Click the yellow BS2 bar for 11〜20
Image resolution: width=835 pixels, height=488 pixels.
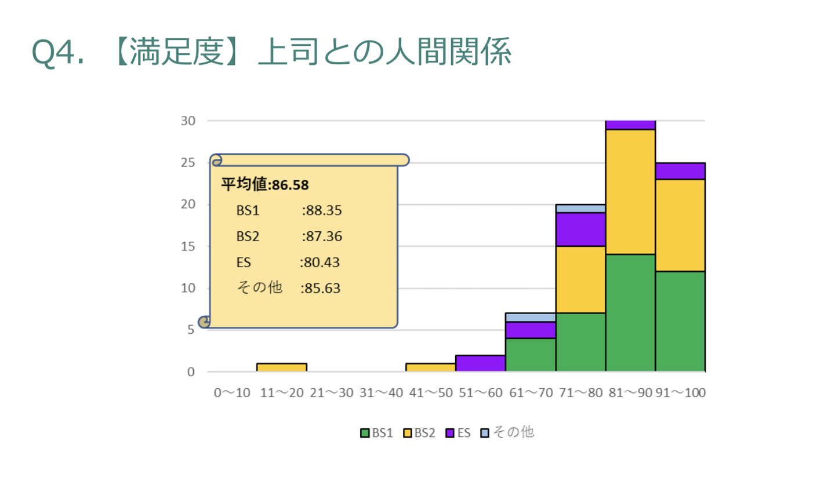click(282, 367)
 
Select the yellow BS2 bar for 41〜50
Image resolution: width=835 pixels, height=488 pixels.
click(431, 367)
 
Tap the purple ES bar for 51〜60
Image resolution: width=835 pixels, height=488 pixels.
click(481, 363)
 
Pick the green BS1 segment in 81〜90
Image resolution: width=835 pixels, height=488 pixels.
click(630, 313)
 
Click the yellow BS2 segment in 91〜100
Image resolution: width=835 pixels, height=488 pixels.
click(680, 225)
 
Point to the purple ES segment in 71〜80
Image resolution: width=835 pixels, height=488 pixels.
click(580, 230)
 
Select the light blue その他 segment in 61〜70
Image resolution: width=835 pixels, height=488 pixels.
click(531, 318)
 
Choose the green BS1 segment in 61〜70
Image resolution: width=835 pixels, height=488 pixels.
click(531, 355)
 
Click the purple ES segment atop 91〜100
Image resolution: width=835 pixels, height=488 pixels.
click(680, 172)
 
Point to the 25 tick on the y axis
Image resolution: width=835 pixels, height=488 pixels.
click(188, 163)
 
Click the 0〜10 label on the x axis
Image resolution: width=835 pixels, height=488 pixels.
click(232, 393)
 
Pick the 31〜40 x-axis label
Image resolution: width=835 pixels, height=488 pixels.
click(381, 393)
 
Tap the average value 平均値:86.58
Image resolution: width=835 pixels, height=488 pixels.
click(265, 185)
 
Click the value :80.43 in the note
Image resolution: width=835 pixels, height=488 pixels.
click(320, 263)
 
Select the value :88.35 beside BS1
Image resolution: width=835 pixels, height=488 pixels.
click(322, 210)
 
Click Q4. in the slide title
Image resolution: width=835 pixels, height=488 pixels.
click(57, 52)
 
